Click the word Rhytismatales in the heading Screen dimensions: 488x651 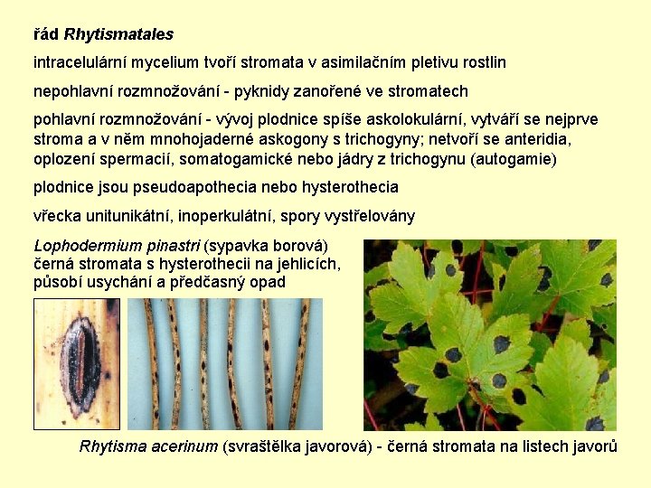[118, 35]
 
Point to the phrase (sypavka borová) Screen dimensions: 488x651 [267, 246]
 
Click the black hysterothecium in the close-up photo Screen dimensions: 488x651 [79, 361]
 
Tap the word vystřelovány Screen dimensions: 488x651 [369, 216]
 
